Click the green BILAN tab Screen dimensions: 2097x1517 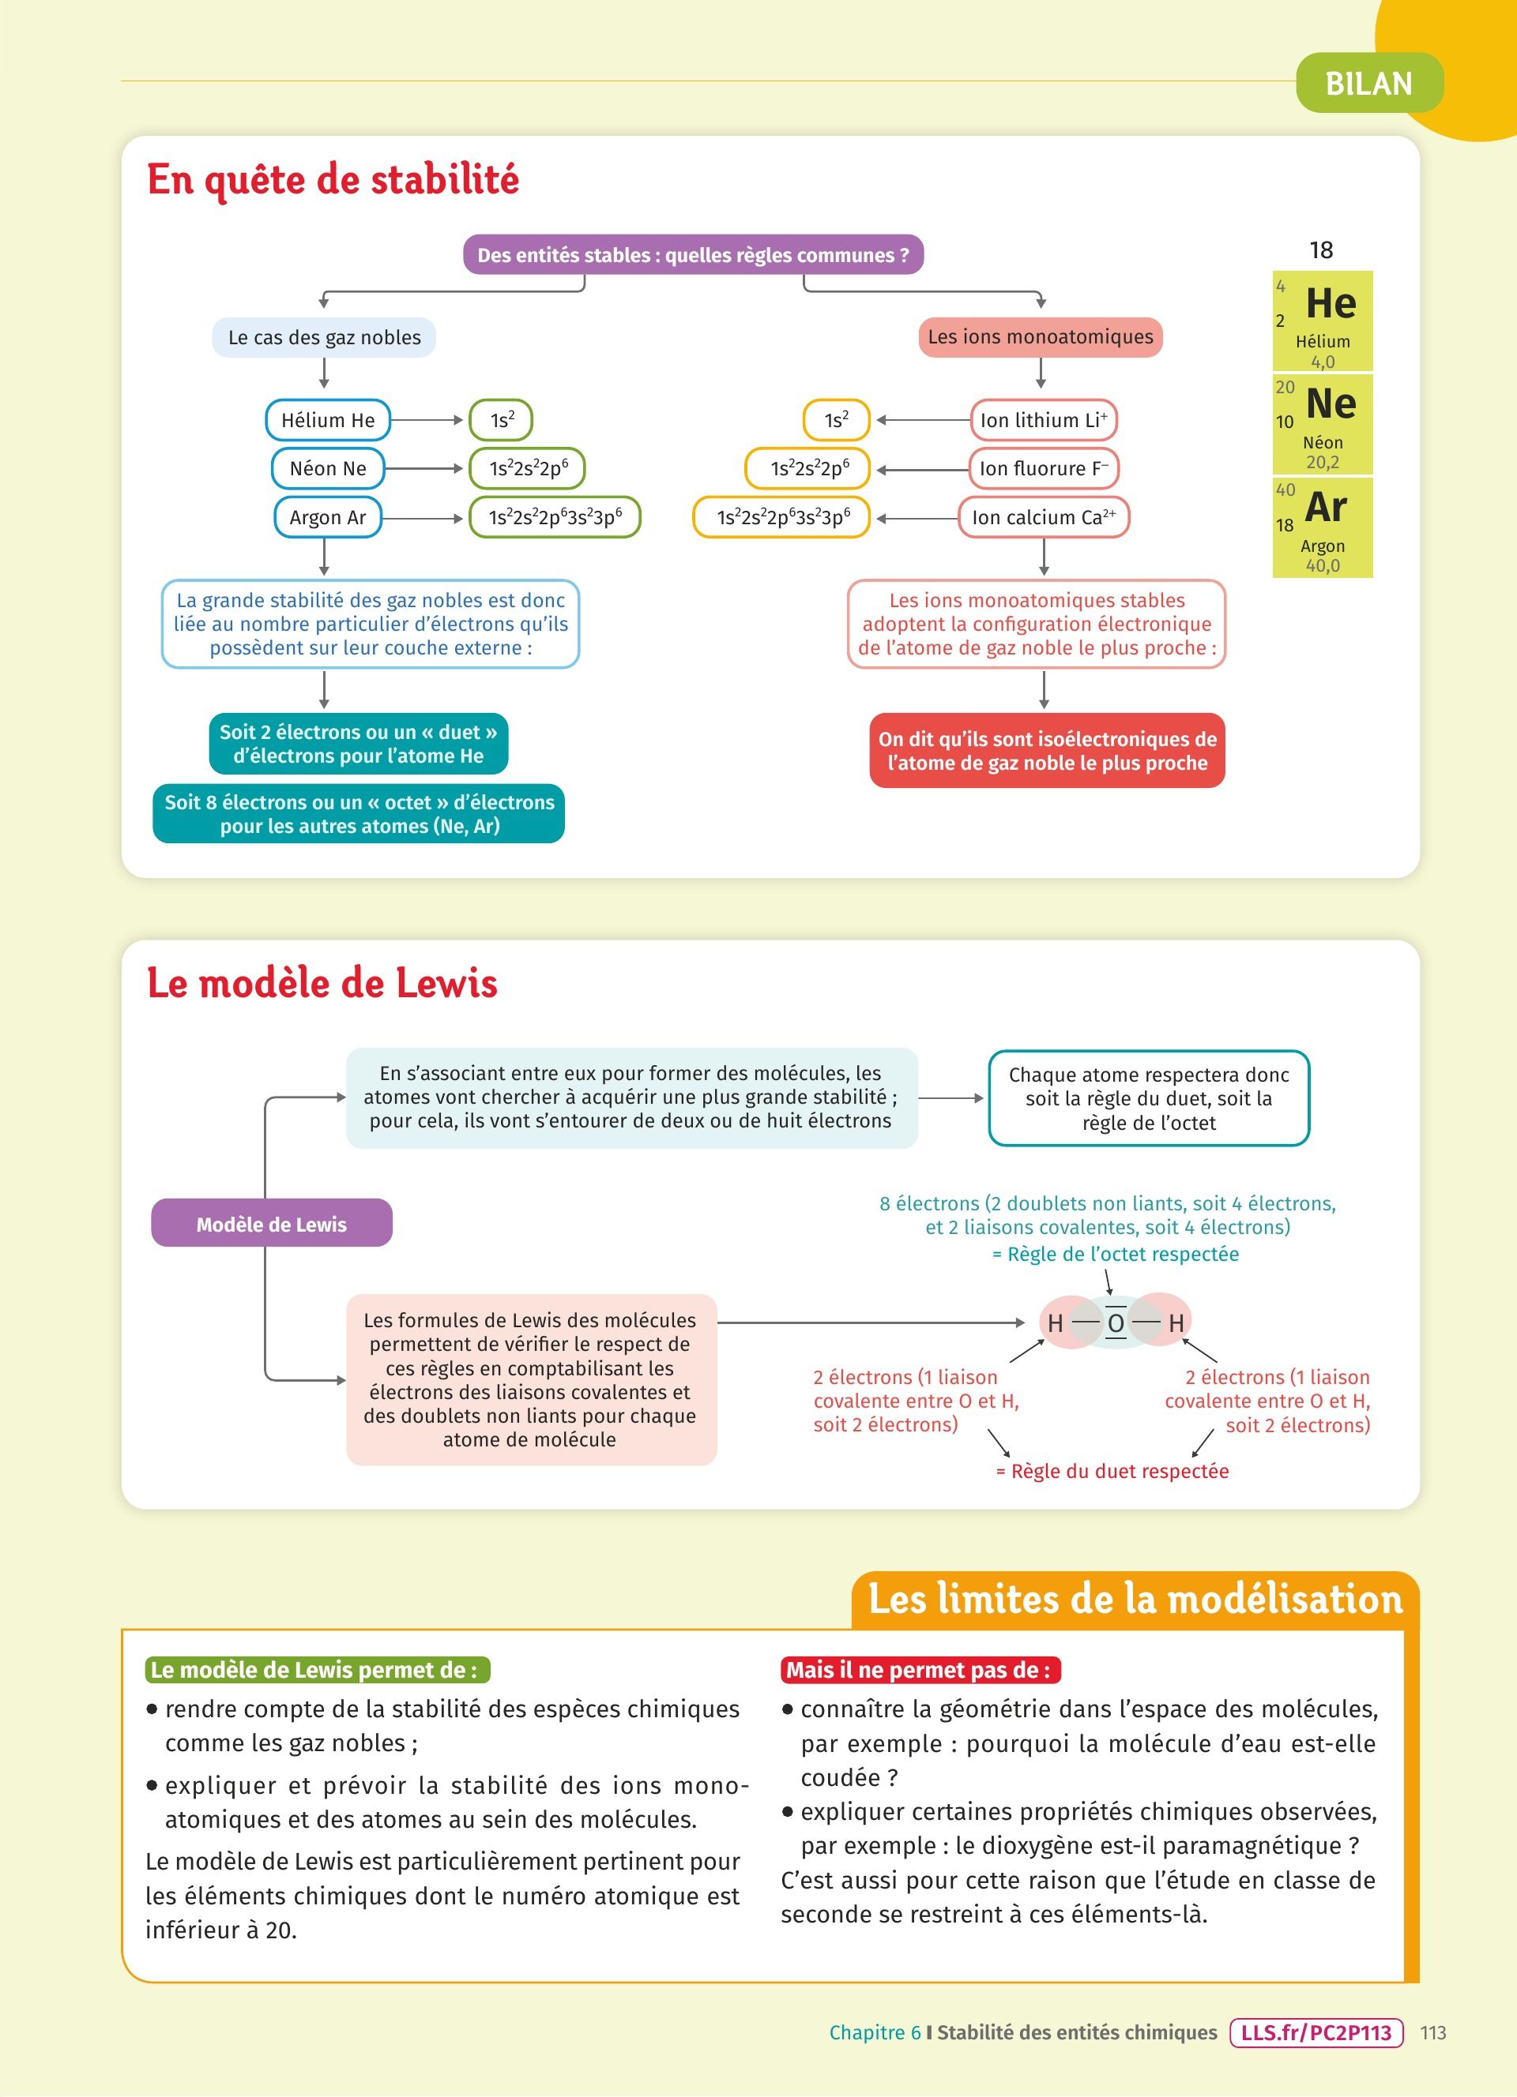click(1368, 83)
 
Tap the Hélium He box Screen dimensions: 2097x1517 click(327, 420)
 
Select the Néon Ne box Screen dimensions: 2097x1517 click(327, 469)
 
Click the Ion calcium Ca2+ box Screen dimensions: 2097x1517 click(1044, 517)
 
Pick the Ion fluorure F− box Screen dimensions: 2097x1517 click(1044, 469)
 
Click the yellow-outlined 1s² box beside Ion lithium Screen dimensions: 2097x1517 click(836, 420)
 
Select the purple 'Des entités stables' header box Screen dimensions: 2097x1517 click(693, 255)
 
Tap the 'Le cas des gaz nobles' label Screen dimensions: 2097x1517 click(324, 337)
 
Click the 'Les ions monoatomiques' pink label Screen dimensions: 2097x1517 click(1040, 336)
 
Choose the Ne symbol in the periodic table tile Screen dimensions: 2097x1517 click(1331, 404)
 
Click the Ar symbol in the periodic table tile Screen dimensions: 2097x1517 click(1327, 508)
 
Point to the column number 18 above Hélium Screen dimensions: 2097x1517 click(1321, 249)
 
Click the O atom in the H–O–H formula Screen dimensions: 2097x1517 click(1116, 1323)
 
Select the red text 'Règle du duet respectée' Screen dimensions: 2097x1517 click(1112, 1471)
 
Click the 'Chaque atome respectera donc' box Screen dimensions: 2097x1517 click(1149, 1098)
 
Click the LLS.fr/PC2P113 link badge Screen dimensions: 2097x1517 click(1316, 2032)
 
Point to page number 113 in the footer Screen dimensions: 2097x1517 click(1432, 2032)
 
